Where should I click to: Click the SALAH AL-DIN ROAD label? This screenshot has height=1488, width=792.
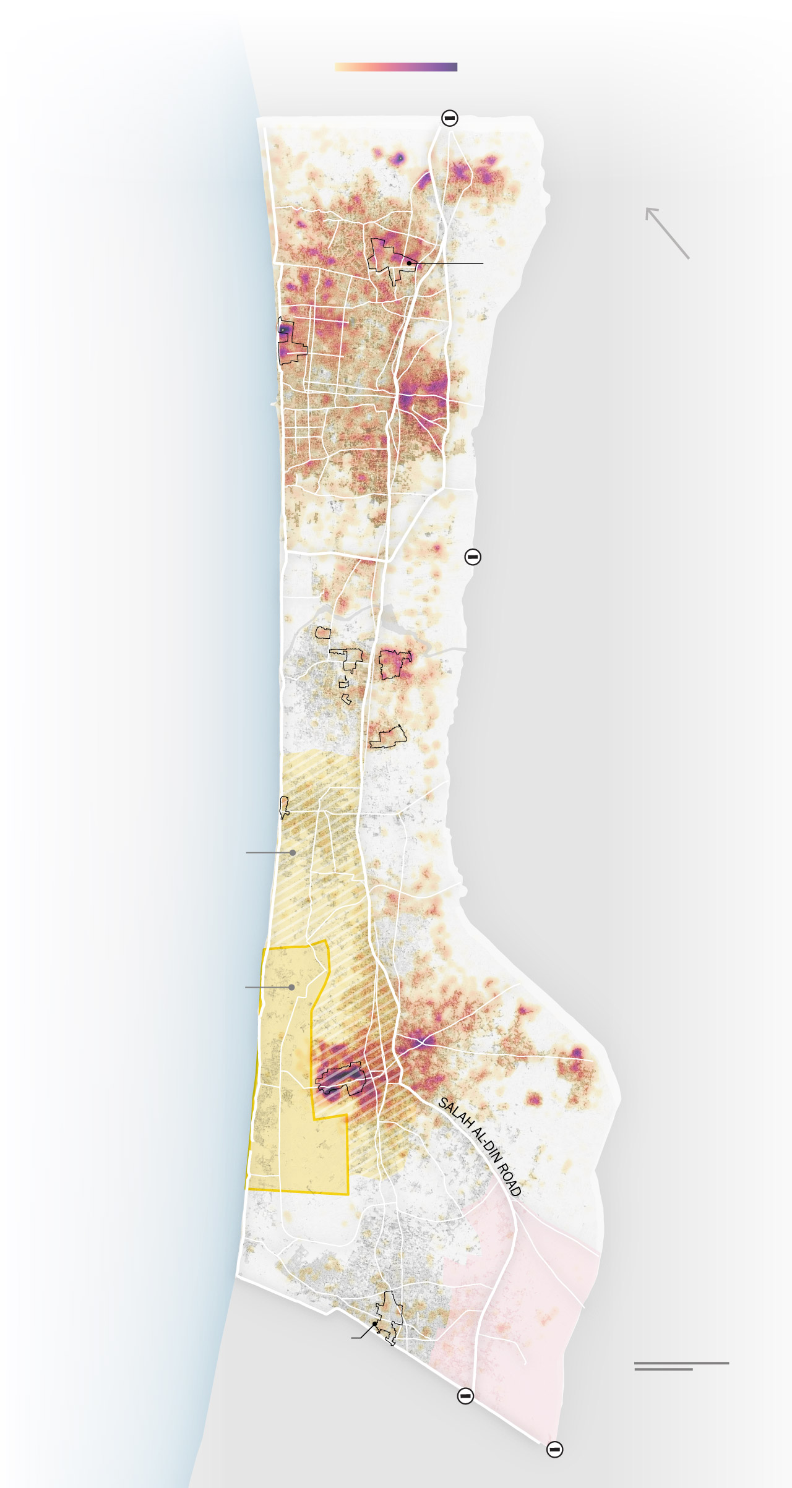point(480,1147)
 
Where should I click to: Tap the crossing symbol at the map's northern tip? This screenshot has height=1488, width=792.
point(450,118)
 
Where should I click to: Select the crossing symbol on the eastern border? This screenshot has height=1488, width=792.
point(473,557)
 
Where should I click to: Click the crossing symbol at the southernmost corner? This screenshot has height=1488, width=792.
point(554,1449)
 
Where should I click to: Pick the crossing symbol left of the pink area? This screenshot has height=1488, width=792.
point(465,1396)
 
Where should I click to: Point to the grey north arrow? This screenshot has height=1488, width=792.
point(666,233)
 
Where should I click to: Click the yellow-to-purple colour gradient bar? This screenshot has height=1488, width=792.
point(396,67)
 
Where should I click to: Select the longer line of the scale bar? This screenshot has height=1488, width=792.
point(681,1362)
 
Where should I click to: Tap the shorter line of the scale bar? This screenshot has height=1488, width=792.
point(663,1369)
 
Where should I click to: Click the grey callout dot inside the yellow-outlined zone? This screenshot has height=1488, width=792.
point(291,987)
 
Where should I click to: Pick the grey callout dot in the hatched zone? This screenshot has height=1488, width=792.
point(293,852)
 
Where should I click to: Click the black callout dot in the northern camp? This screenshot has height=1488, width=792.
point(410,263)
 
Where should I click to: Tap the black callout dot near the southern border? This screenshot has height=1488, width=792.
point(375,1323)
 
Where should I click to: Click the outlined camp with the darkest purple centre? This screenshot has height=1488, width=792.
point(340,1079)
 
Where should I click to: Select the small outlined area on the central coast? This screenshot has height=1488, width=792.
point(284,806)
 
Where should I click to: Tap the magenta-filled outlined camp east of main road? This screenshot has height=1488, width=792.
point(394,664)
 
